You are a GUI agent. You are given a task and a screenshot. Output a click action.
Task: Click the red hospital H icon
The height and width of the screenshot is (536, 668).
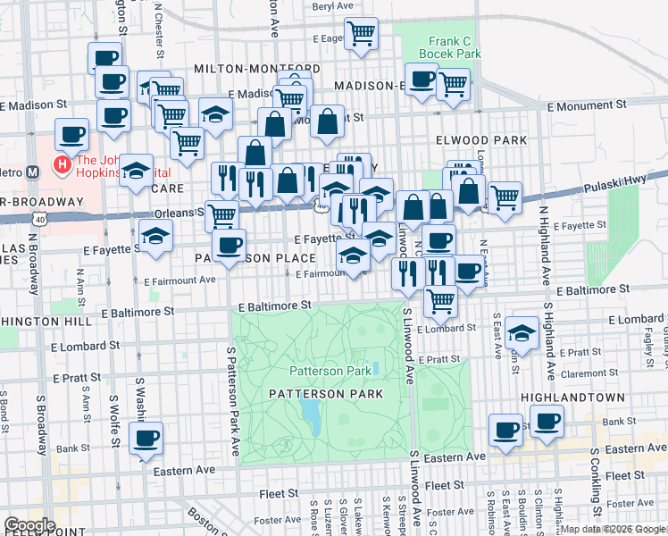pos(62,164)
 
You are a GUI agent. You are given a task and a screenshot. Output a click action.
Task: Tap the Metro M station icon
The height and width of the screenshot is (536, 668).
pos(32,172)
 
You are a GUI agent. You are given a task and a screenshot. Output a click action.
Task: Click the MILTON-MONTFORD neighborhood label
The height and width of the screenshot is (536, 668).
pos(256,69)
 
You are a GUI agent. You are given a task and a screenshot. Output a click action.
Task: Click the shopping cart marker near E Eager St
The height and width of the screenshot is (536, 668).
pos(361,34)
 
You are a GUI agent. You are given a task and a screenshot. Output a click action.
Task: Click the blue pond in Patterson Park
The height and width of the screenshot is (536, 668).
pos(311,413)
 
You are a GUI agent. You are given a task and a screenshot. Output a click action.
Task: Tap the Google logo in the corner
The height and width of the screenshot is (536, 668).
pos(29,525)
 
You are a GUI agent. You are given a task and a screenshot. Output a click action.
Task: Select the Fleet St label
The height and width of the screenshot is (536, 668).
pos(443,485)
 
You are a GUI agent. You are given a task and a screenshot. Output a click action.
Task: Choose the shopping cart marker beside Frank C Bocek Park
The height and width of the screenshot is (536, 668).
pos(454,85)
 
